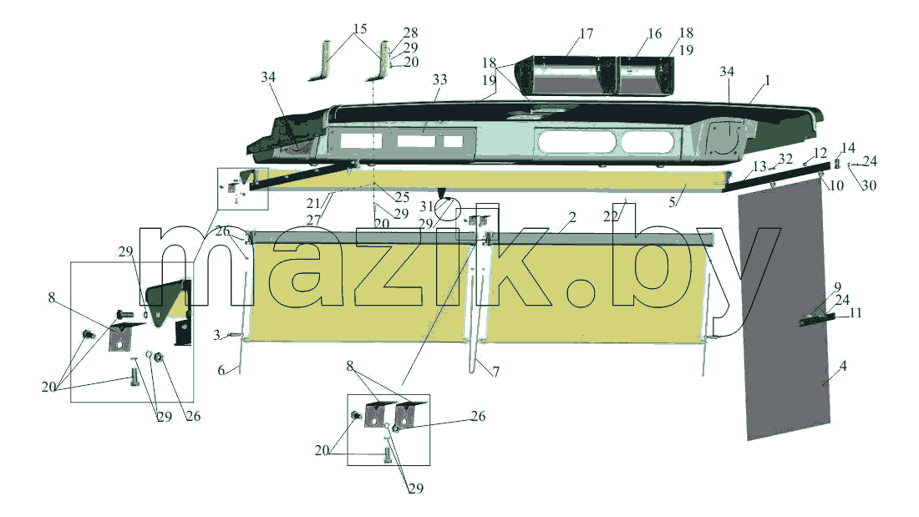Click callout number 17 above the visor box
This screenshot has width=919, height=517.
pos(586,34)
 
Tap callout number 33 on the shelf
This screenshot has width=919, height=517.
pos(439,79)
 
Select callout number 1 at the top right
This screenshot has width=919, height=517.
pos(767,80)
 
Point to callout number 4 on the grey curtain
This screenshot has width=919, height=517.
pos(843,366)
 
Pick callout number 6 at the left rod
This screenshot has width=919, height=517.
pos(221,370)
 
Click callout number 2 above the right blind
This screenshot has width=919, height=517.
pos(572,217)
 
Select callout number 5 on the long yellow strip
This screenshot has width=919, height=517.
pos(673,202)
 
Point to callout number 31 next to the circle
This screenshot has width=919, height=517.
pos(427,206)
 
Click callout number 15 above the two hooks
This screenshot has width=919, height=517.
pos(360,28)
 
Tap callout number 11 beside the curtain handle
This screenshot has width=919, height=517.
pos(856,313)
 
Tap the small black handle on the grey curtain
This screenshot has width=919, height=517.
pos(817,319)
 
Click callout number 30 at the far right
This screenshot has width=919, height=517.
pos(869,185)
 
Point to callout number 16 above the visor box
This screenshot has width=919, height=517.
pos(655,33)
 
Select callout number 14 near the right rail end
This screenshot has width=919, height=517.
pos(848,148)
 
